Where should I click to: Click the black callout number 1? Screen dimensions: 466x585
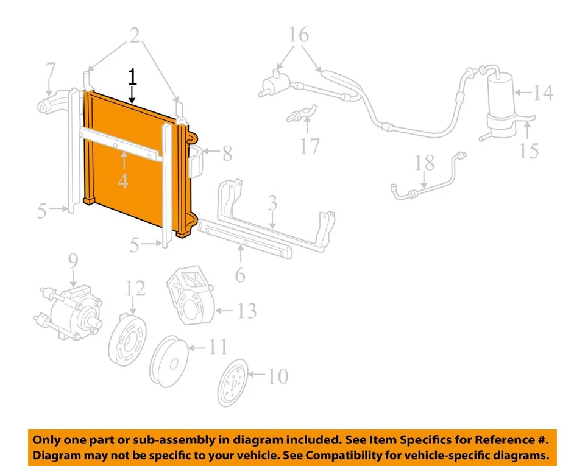click(x=132, y=77)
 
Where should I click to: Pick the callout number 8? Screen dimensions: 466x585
click(x=227, y=153)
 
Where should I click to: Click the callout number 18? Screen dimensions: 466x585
click(x=425, y=163)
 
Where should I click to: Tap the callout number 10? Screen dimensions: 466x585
click(x=277, y=376)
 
